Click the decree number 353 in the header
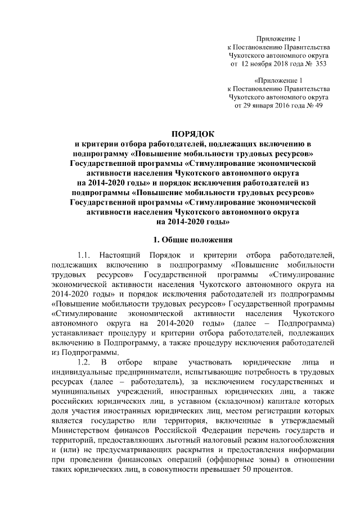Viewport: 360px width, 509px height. tap(320, 64)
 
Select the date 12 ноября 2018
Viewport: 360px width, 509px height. tap(268, 64)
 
